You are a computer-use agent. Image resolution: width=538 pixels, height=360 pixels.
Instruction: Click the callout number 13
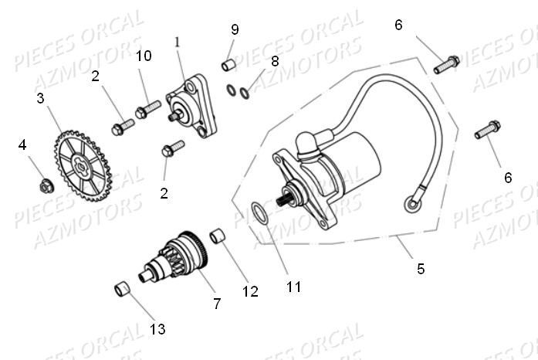pos(157,329)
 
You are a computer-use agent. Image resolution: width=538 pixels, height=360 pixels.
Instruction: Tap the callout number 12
pos(250,292)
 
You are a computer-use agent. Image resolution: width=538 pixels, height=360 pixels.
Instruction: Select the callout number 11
pos(294,287)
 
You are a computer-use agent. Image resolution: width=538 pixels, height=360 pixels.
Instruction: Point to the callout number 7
pos(217,304)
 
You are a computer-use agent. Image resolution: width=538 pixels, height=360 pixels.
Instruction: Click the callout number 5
pos(421,269)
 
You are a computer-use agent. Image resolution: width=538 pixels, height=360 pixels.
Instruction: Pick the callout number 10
pos(144,56)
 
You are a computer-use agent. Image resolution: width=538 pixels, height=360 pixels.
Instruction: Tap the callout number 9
pos(235,29)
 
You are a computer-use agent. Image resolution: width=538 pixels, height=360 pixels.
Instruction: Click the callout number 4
pos(22,145)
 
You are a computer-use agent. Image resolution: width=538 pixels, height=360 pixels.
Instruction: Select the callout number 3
pos(40,98)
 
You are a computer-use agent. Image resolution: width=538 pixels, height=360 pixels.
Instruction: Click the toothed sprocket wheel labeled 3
pos(83,165)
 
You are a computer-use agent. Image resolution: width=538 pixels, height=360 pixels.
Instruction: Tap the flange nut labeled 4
pos(46,186)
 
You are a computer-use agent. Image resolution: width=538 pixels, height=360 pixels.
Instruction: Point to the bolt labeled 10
pos(148,109)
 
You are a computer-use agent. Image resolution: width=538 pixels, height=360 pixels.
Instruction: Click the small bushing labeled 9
pos(228,65)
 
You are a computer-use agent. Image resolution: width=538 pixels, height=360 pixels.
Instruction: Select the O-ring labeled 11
pos(259,214)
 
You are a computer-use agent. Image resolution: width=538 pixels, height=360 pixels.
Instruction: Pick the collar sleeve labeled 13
pos(123,289)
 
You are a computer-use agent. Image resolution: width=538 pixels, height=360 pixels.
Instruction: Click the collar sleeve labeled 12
pos(218,236)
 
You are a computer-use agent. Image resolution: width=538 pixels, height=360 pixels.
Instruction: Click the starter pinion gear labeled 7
pos(174,257)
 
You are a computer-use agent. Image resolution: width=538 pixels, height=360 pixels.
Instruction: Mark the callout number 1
pos(178,42)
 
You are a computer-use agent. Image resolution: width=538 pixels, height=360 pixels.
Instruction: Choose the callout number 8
pos(275,62)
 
